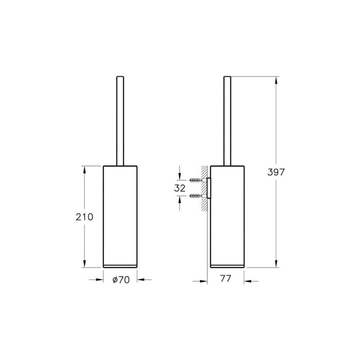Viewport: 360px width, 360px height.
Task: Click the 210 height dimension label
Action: click(84, 217)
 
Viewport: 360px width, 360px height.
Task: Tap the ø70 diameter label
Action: click(121, 280)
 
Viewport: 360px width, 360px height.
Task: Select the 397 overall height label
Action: click(276, 172)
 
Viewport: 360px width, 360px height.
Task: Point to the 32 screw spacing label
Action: click(179, 188)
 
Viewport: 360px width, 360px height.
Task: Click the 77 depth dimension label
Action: click(226, 279)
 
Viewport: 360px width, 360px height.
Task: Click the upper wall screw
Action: click(196, 180)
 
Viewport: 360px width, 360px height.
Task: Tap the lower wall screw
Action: click(196, 195)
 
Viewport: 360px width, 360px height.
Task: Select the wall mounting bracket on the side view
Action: click(209, 188)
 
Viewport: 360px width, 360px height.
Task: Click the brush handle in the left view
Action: click(120, 121)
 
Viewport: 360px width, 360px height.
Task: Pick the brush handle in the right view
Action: click(227, 121)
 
